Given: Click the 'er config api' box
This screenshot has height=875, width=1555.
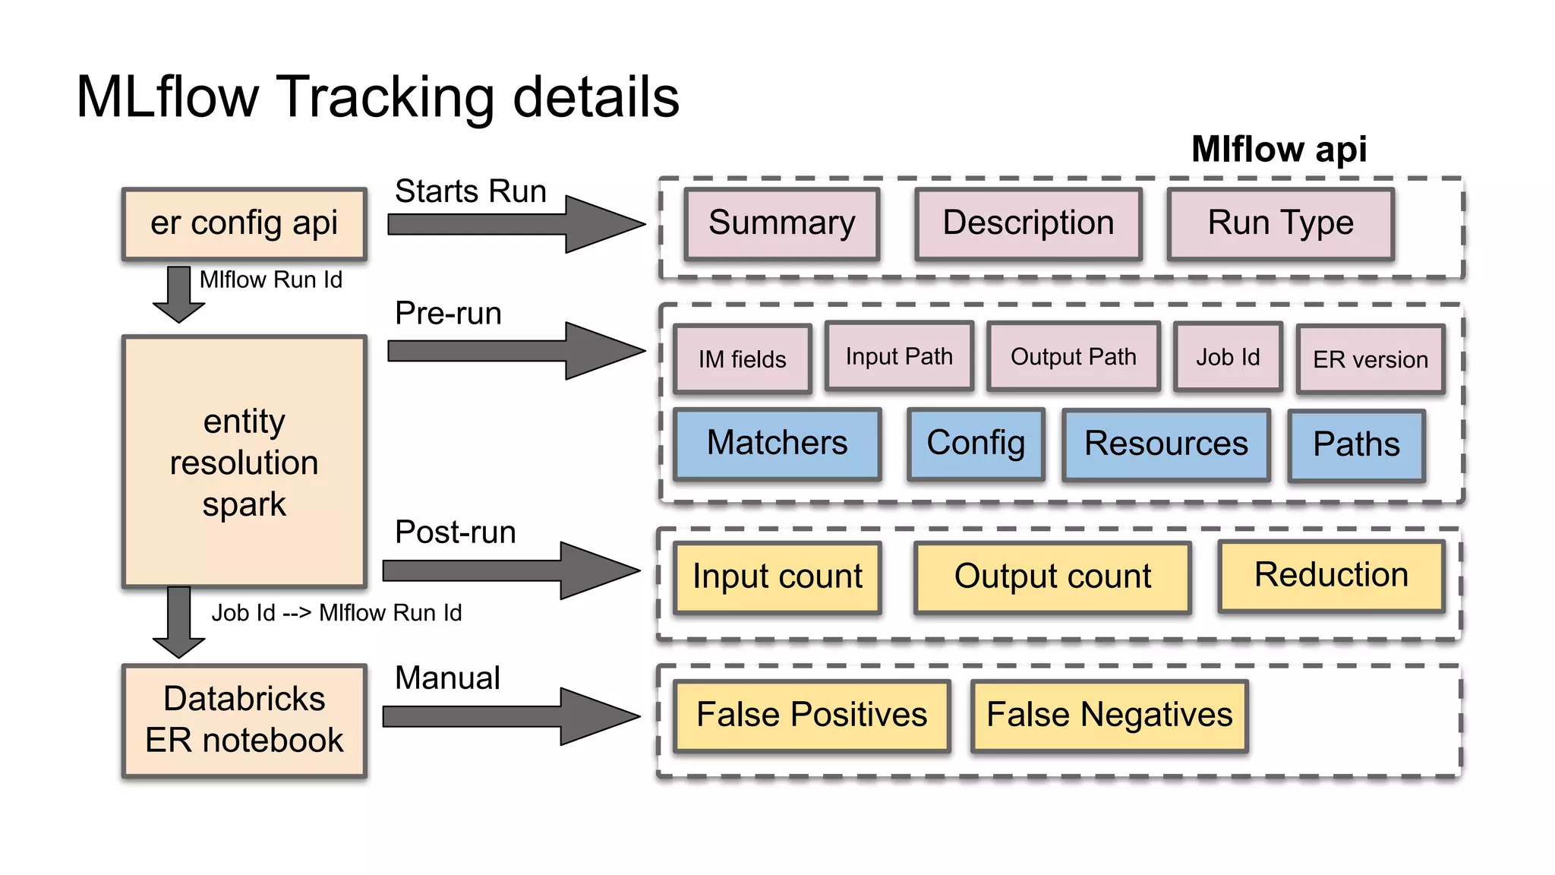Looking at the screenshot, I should click(x=244, y=224).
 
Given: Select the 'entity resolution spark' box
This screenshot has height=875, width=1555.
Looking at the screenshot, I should click(x=244, y=462).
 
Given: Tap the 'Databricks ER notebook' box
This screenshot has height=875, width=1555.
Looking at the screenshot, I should click(x=244, y=720).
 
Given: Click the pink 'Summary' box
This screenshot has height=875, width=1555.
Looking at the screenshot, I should click(x=781, y=224).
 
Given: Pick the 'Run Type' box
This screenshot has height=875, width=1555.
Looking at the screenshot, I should click(x=1280, y=224).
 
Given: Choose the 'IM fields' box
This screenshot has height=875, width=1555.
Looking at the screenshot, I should click(x=742, y=359).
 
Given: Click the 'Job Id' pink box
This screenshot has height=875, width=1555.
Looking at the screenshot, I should click(x=1227, y=356).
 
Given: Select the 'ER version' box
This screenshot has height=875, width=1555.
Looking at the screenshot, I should click(x=1370, y=359).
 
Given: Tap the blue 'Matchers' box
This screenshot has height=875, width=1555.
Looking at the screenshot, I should click(x=777, y=444).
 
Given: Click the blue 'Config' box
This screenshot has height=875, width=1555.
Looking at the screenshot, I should click(x=976, y=444).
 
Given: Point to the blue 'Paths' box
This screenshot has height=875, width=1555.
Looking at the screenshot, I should click(x=1356, y=445).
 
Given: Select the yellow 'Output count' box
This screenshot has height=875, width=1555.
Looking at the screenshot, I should click(x=1052, y=576).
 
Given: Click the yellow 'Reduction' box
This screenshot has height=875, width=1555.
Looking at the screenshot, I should click(x=1330, y=575).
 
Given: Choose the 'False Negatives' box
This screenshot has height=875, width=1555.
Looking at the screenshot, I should click(x=1109, y=715).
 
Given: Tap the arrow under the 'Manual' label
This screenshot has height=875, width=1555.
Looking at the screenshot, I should click(x=510, y=716).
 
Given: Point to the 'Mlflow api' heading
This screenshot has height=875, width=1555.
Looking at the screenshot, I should click(x=1279, y=149).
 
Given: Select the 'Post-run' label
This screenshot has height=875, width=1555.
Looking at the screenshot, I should click(x=455, y=532).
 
